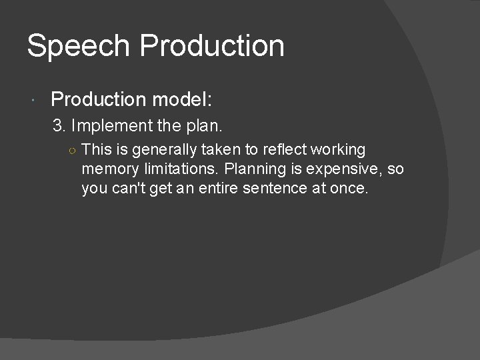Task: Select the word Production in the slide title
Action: coord(211,47)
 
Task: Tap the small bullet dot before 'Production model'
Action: coord(34,101)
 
